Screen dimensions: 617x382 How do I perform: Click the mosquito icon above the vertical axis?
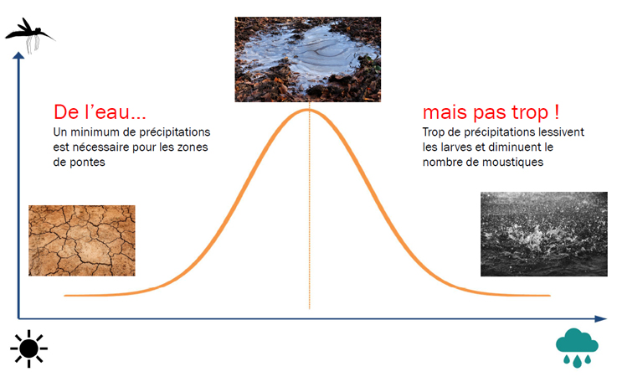(29, 34)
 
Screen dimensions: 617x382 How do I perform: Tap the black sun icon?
(28, 348)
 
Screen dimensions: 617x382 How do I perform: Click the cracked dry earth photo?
(82, 240)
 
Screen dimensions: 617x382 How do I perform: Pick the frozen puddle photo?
(308, 59)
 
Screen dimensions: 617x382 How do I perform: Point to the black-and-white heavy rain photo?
(544, 234)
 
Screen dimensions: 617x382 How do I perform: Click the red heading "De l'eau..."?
(100, 112)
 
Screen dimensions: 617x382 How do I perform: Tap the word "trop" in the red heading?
(529, 113)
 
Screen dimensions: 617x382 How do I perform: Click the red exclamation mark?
(557, 112)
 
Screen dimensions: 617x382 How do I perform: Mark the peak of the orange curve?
(308, 110)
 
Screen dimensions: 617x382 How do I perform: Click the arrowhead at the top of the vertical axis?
(18, 55)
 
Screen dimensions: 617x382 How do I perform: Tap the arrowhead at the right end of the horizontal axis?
(601, 318)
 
